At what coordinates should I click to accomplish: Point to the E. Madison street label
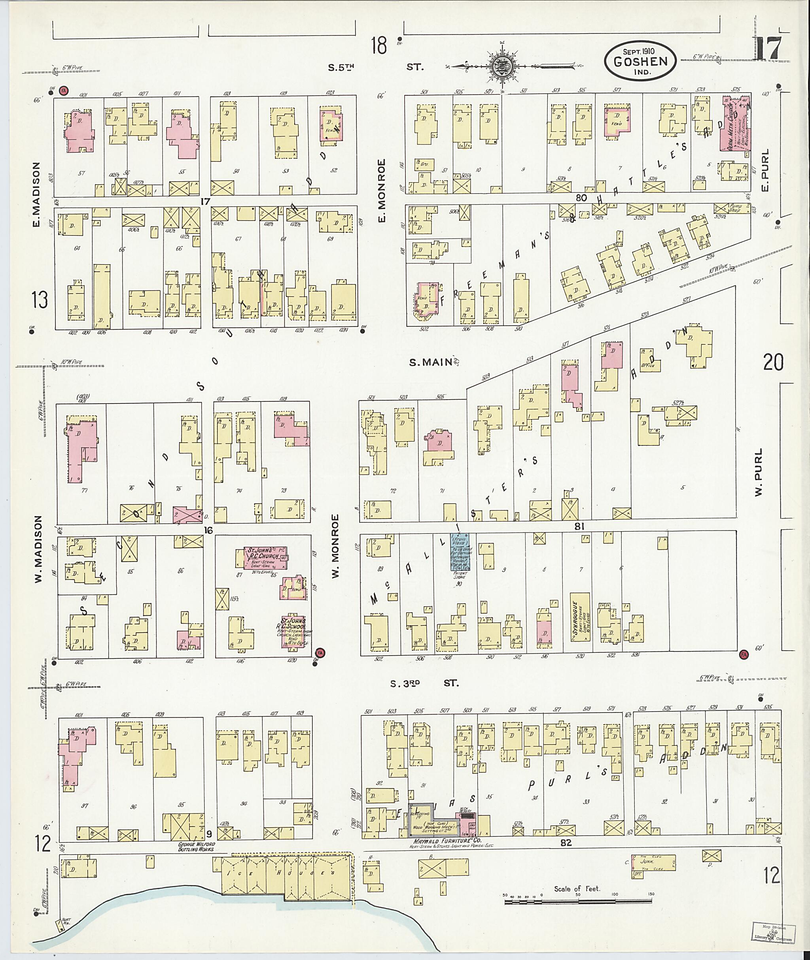37,194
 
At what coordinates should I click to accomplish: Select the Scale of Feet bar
578,901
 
